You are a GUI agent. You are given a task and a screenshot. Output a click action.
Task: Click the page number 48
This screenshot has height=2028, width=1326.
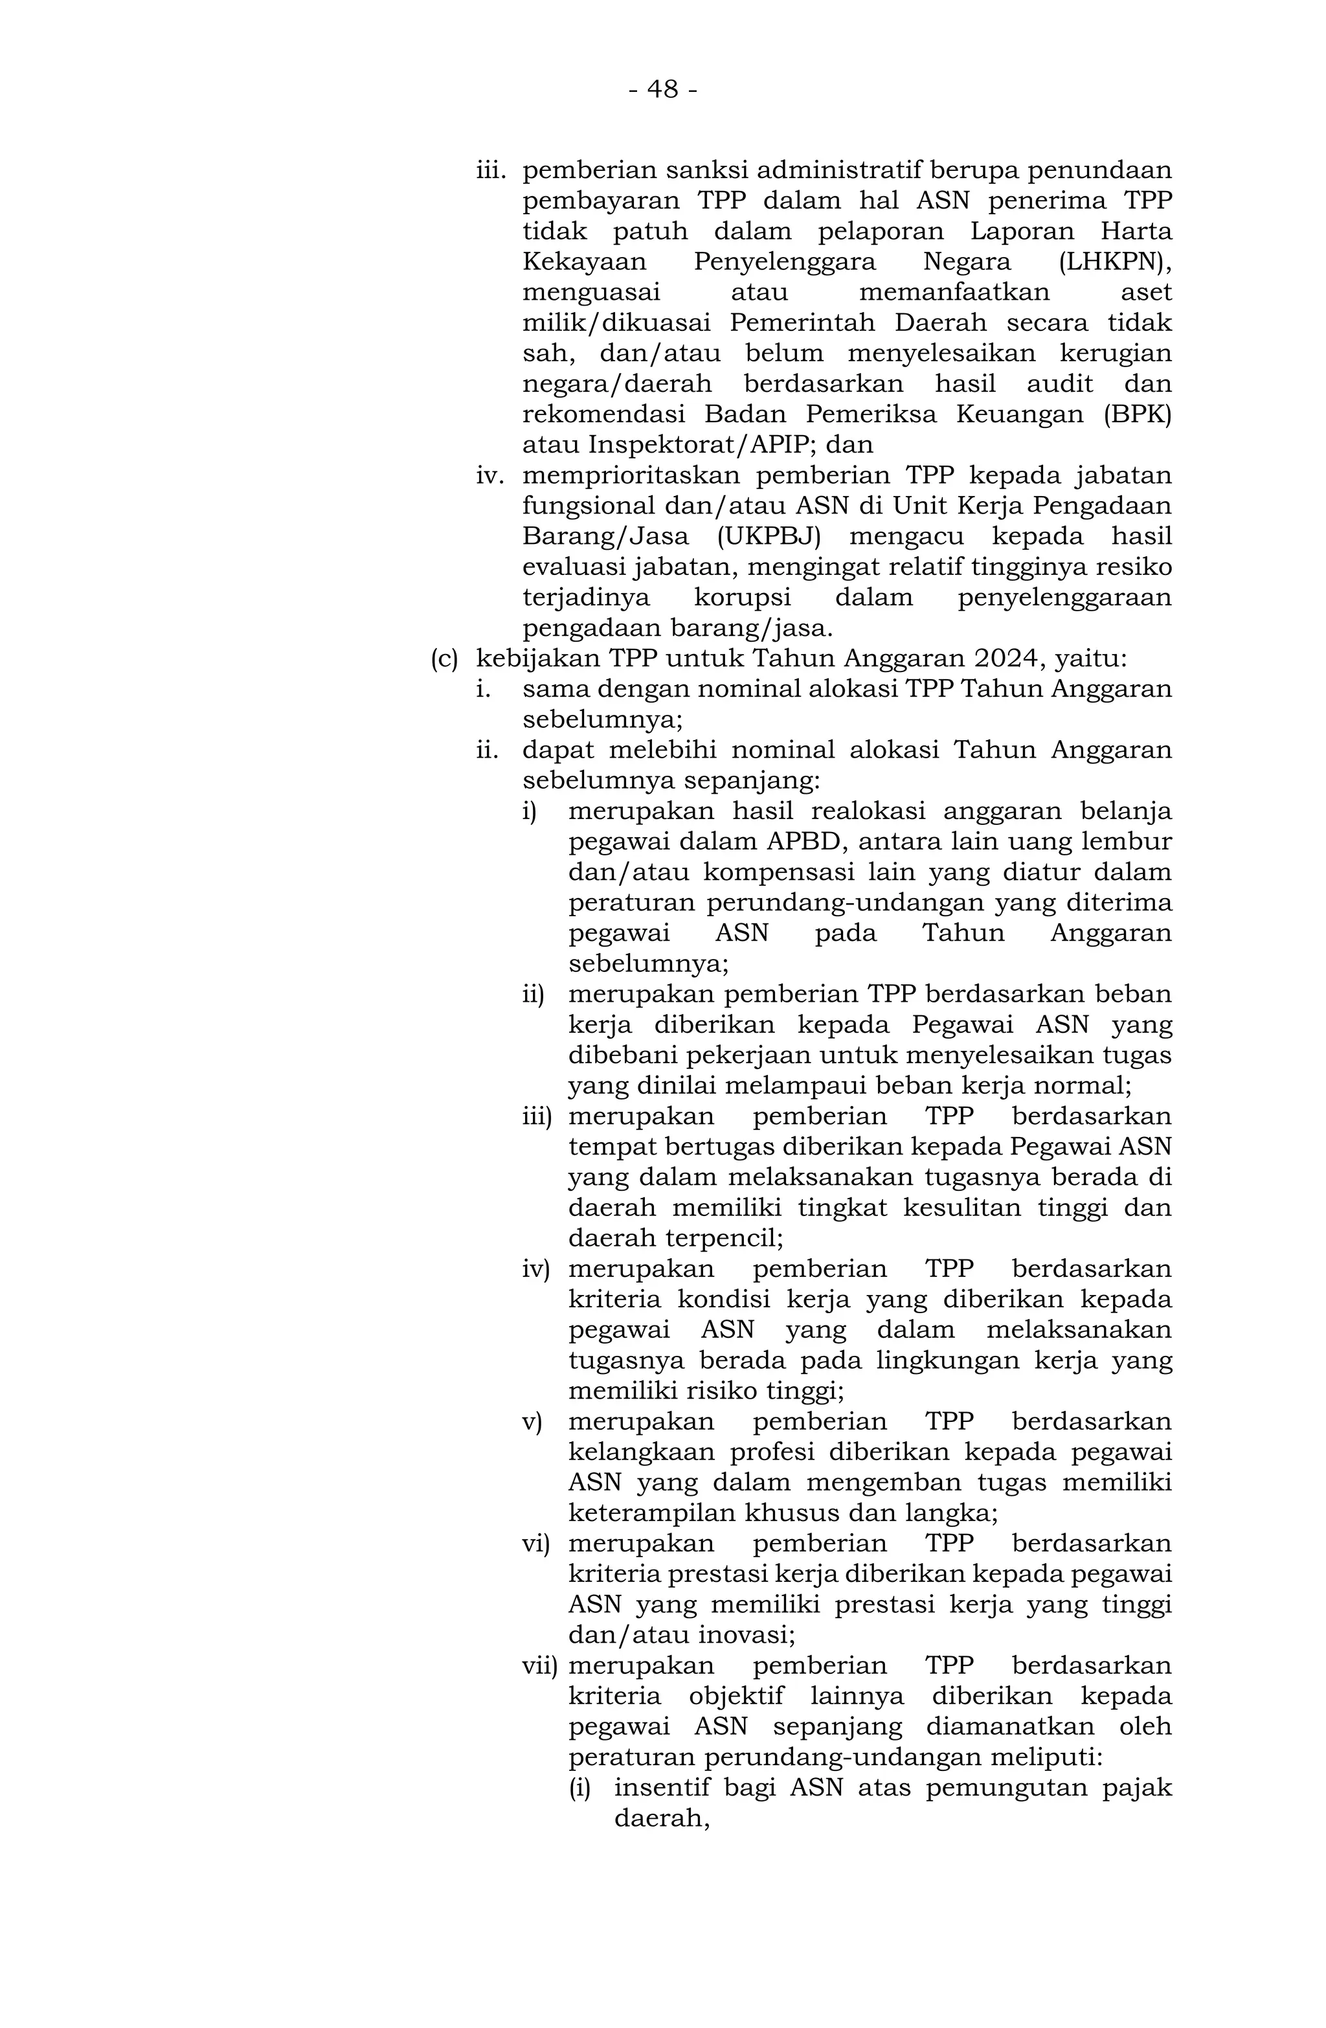click(662, 89)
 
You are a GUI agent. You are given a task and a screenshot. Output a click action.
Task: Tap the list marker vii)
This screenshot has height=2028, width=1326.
click(539, 1666)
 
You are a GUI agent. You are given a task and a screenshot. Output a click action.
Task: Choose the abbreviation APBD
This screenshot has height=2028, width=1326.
click(802, 842)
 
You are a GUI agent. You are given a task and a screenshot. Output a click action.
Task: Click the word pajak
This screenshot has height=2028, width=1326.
click(1137, 1788)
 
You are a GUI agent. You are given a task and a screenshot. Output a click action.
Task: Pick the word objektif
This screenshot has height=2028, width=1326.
click(742, 1696)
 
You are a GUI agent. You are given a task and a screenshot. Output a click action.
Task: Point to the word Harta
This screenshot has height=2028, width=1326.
click(1137, 231)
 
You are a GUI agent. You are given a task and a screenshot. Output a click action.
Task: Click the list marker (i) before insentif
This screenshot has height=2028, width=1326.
click(579, 1788)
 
